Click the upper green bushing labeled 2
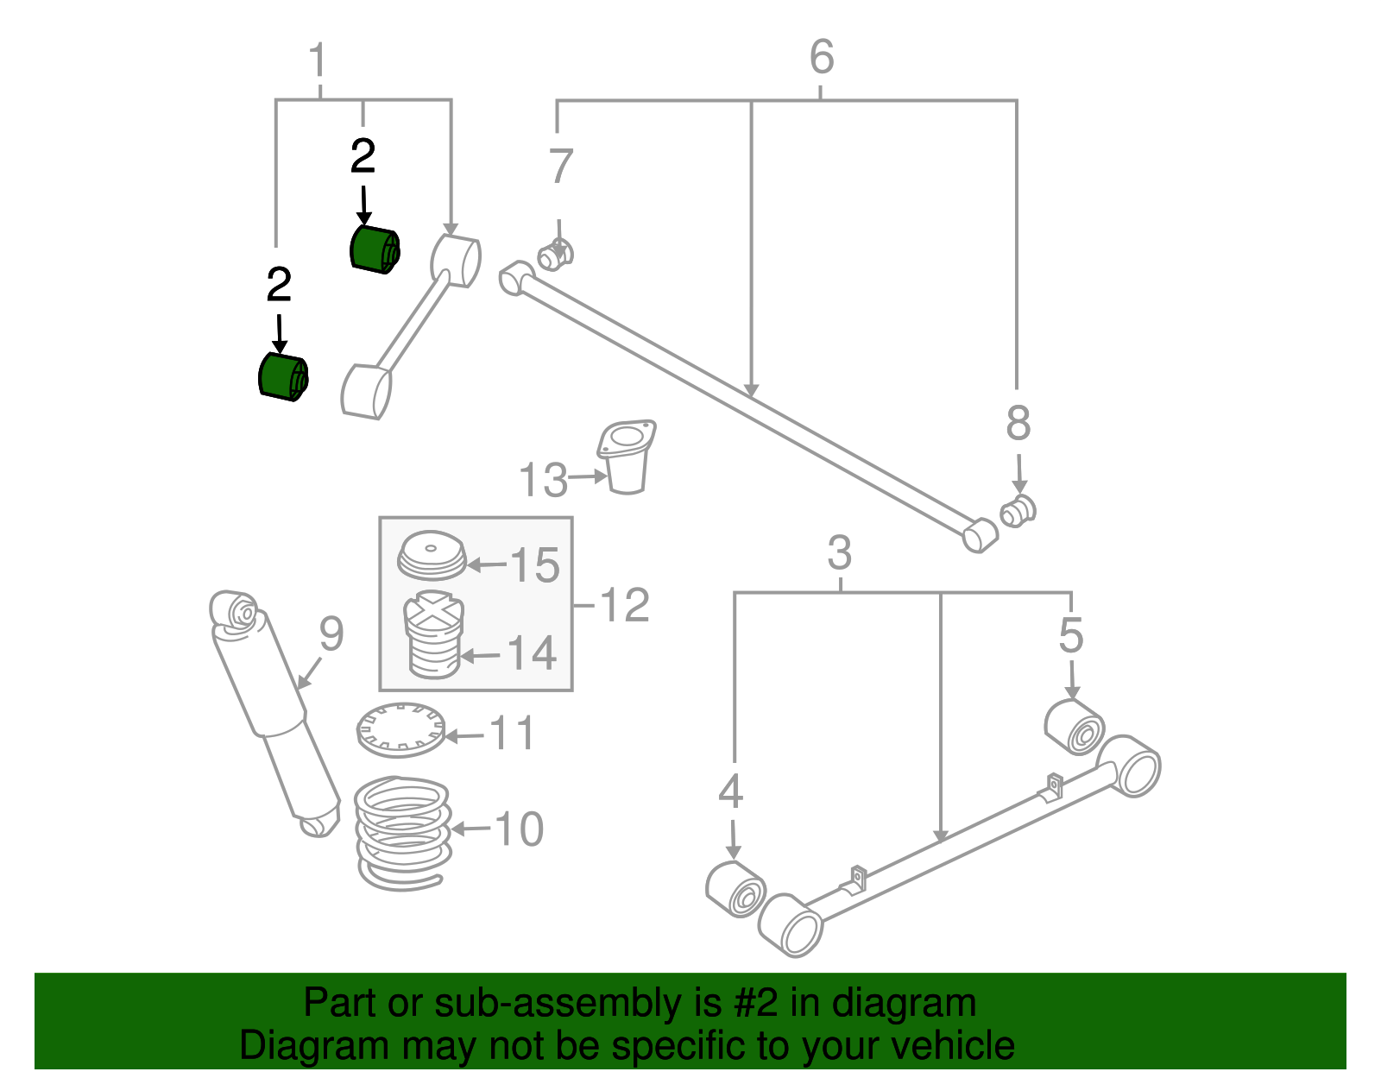pyautogui.click(x=375, y=249)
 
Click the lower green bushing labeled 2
pyautogui.click(x=283, y=377)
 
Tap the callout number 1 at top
pyautogui.click(x=318, y=62)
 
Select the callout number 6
pyautogui.click(x=821, y=57)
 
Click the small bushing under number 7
pyautogui.click(x=555, y=254)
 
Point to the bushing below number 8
pyautogui.click(x=1018, y=511)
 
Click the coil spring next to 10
pyautogui.click(x=403, y=832)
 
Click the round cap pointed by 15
pyautogui.click(x=431, y=555)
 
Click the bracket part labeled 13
pyautogui.click(x=627, y=457)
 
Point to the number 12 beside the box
pyautogui.click(x=623, y=605)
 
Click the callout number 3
pyautogui.click(x=839, y=553)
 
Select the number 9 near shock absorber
pyautogui.click(x=331, y=634)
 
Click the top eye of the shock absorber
pyautogui.click(x=236, y=610)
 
